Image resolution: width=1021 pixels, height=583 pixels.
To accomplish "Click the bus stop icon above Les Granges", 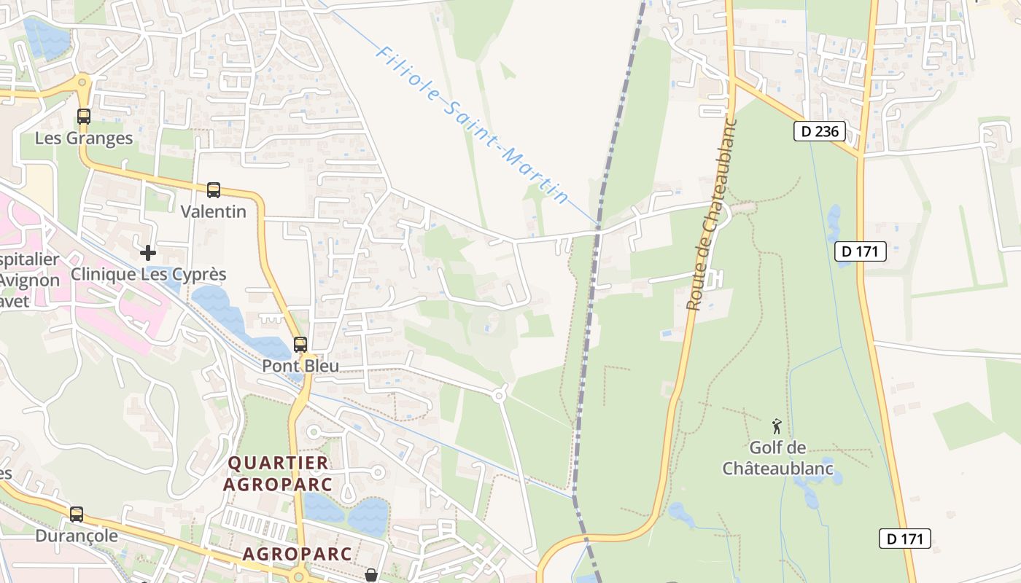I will [84, 117].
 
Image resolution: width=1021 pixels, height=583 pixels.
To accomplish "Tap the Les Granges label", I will [84, 138].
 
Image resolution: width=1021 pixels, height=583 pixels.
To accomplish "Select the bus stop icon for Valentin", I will [214, 190].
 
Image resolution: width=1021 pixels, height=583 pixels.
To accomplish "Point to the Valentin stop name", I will [214, 211].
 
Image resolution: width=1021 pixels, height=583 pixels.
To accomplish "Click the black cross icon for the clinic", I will [148, 253].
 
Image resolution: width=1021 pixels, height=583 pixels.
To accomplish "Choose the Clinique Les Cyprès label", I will [148, 274].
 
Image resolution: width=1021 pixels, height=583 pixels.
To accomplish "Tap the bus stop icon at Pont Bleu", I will [300, 345].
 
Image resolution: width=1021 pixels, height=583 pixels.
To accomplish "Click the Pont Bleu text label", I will [300, 366].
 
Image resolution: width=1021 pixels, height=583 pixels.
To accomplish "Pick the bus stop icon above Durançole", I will [77, 514].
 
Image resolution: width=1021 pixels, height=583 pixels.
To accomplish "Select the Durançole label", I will [77, 536].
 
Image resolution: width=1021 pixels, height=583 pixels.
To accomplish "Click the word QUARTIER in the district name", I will [278, 463].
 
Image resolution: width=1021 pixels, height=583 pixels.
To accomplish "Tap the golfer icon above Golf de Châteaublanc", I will [777, 426].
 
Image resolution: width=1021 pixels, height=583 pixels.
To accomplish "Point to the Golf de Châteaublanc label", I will [777, 458].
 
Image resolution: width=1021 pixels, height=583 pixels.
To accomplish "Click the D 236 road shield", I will [819, 131].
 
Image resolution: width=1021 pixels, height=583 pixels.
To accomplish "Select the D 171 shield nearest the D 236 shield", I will [861, 251].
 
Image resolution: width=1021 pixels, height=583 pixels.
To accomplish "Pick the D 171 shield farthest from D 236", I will [905, 539].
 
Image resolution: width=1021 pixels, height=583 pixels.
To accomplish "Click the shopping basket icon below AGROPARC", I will [371, 576].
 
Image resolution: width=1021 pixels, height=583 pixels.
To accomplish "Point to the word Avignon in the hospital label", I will [29, 280].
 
